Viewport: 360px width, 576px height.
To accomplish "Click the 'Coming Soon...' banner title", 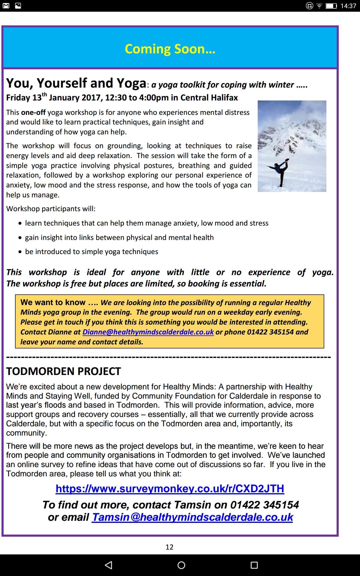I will tap(170, 49).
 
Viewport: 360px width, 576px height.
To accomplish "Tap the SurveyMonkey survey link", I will tap(170, 489).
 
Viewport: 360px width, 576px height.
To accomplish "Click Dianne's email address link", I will tap(148, 332).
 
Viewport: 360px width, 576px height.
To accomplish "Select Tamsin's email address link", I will tap(193, 517).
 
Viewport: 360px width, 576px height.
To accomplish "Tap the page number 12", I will tap(169, 547).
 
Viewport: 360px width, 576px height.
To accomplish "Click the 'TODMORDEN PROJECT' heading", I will tap(64, 371).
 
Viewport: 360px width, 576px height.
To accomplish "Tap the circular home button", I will tap(181, 565).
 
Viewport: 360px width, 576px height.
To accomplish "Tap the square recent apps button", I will tap(254, 565).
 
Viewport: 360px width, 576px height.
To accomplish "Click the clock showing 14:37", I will tap(348, 6).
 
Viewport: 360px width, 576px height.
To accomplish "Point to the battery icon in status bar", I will tap(331, 6).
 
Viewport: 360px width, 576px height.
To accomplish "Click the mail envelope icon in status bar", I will tap(6, 6).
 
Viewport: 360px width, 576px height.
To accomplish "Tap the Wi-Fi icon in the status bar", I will tap(319, 6).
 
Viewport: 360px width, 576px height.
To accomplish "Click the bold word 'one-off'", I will tap(33, 112).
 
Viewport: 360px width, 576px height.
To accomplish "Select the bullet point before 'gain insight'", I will tap(20, 238).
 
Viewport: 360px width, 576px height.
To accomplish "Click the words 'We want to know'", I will tap(53, 302).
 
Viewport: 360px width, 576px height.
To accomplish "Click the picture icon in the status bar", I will tap(18, 6).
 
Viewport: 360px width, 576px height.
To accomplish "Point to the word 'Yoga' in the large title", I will tap(131, 83).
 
